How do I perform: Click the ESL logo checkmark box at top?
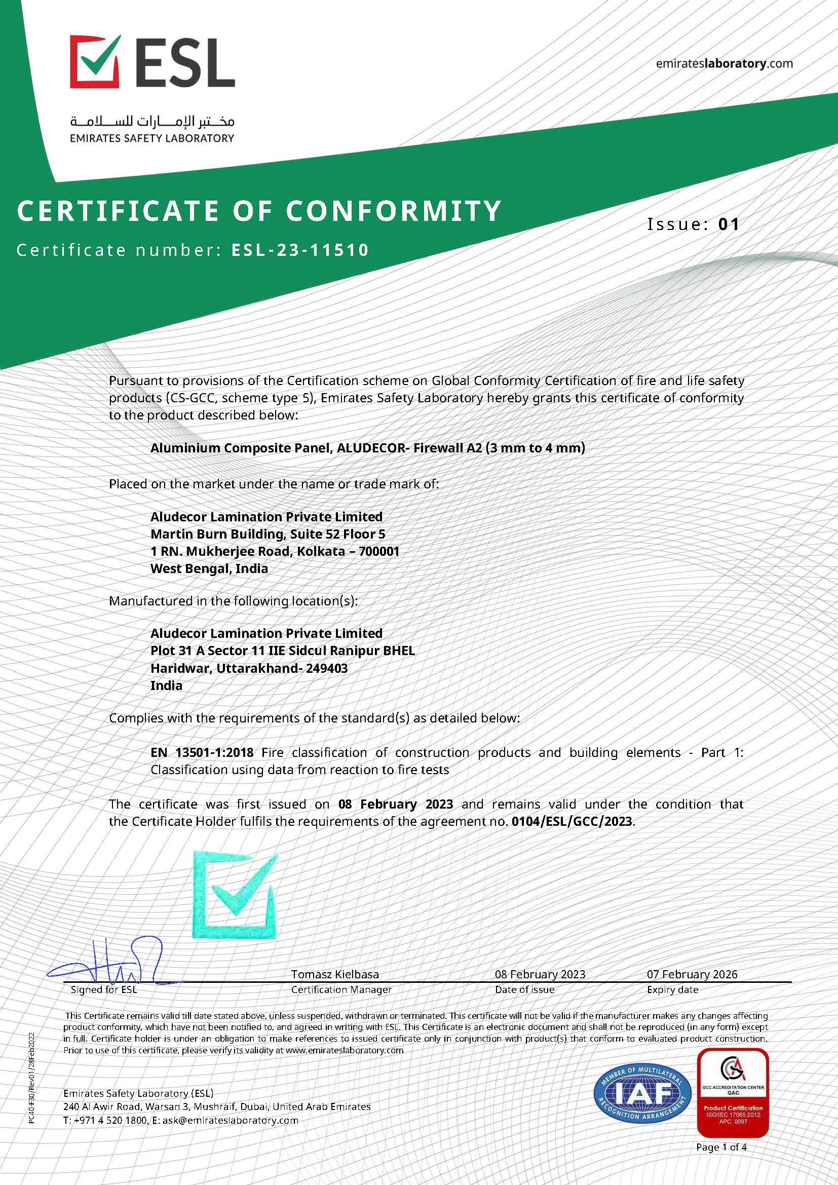(95, 61)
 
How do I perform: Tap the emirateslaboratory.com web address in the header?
(724, 63)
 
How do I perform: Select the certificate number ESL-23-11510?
(300, 250)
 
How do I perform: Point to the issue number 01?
(729, 224)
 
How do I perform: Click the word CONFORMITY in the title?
(394, 211)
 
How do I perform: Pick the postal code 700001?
(379, 551)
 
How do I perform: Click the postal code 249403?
(327, 668)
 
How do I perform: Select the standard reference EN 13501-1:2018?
(202, 752)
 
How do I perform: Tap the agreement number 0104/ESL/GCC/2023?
(571, 821)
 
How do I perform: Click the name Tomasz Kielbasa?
(335, 974)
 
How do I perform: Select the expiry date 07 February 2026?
(692, 974)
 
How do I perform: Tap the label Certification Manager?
(341, 989)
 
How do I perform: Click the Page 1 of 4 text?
(721, 1148)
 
